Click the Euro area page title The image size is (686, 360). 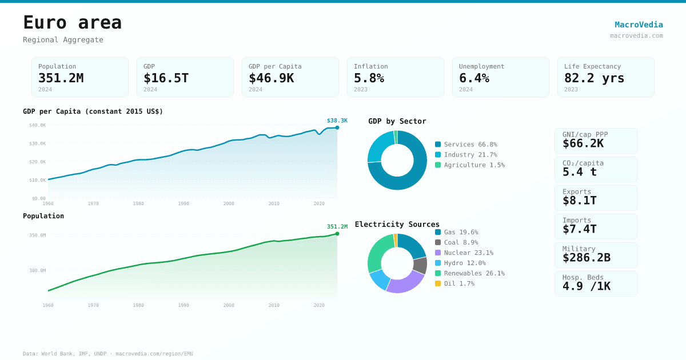pos(72,23)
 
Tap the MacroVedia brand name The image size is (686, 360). pos(639,25)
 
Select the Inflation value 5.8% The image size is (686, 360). pos(369,78)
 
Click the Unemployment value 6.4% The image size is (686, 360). pos(474,78)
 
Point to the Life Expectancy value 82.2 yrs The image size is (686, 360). pos(594,78)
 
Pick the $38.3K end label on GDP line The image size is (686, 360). pos(337,121)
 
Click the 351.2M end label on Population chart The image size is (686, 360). pos(337,227)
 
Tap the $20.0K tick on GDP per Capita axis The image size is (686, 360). pos(38,162)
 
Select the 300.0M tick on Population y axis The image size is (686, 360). pos(38,271)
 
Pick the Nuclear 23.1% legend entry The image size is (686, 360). pos(468,253)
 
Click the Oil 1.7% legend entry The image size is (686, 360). pos(458,283)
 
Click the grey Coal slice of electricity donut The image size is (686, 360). pos(420,265)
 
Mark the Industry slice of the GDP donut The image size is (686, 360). pos(379,145)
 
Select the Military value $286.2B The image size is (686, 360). pos(586,258)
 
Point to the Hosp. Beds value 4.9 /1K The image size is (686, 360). pos(586,286)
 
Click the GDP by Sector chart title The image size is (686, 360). pos(397,121)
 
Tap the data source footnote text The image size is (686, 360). pos(108,354)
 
